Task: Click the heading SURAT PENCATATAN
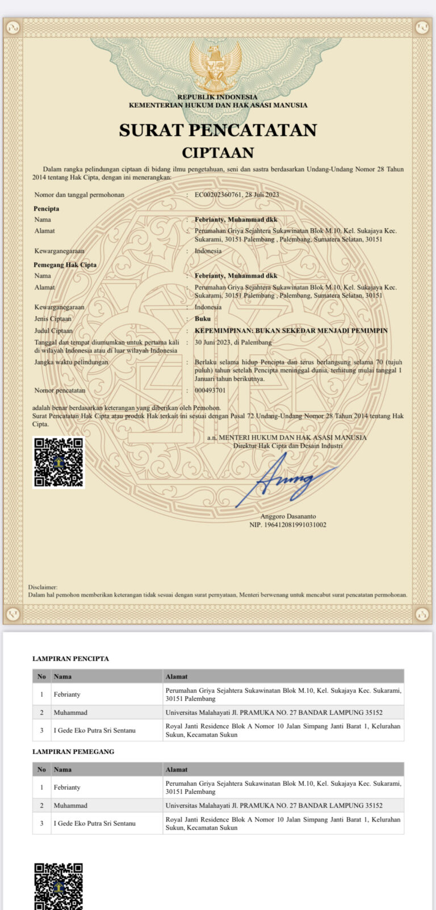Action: pyautogui.click(x=217, y=130)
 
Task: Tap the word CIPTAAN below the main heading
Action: pyautogui.click(x=217, y=153)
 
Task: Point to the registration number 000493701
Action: pyautogui.click(x=210, y=390)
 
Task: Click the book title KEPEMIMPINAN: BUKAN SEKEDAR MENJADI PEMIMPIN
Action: pyautogui.click(x=291, y=330)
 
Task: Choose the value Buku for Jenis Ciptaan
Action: pyautogui.click(x=203, y=319)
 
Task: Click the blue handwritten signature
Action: pyautogui.click(x=290, y=479)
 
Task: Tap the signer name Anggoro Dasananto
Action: pyautogui.click(x=288, y=516)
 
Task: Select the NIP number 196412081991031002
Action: pyautogui.click(x=288, y=525)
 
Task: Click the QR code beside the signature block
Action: pyautogui.click(x=58, y=462)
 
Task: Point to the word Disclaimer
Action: pyautogui.click(x=43, y=587)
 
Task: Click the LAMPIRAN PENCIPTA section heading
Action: pyautogui.click(x=70, y=659)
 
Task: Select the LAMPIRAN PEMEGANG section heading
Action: pyautogui.click(x=73, y=752)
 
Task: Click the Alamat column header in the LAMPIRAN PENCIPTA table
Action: pyautogui.click(x=177, y=676)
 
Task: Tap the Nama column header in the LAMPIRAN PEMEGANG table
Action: pyautogui.click(x=62, y=769)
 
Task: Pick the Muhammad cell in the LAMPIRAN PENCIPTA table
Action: pyautogui.click(x=70, y=713)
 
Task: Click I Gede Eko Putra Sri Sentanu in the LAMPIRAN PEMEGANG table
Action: pyautogui.click(x=94, y=823)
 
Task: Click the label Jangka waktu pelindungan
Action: pyautogui.click(x=71, y=362)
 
